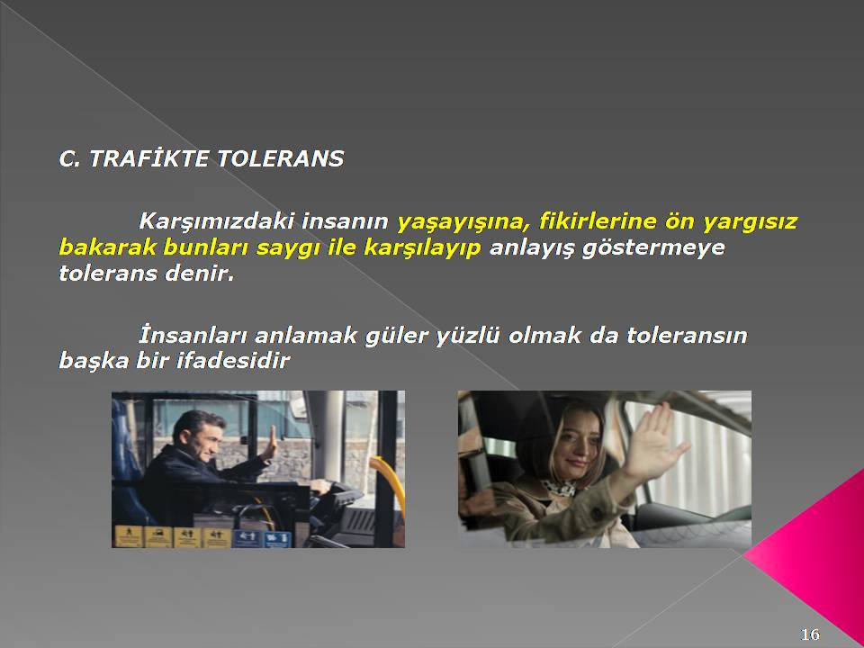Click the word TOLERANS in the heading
[x=280, y=159]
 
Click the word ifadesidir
[x=233, y=361]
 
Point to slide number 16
[x=809, y=634]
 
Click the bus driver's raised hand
[x=270, y=444]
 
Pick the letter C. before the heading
[x=70, y=159]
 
